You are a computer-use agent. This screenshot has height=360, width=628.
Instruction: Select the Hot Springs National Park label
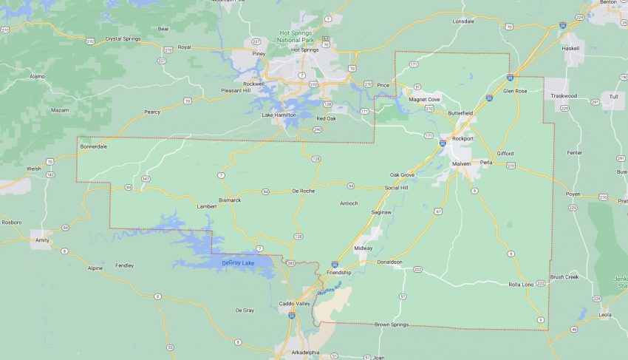point(299,37)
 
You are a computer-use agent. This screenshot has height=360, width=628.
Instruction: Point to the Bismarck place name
point(230,200)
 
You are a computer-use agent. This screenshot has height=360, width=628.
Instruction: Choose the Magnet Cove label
point(425,98)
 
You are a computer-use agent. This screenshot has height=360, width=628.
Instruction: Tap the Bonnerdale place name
point(94,146)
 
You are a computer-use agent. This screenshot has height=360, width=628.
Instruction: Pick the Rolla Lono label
point(521,284)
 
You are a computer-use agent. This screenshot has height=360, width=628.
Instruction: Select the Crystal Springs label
point(122,38)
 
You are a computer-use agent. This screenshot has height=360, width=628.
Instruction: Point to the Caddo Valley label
point(294,304)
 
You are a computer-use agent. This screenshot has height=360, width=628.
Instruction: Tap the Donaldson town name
point(389,262)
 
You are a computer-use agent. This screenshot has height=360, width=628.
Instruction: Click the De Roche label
point(304,191)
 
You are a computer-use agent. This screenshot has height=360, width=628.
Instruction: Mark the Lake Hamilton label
point(279,115)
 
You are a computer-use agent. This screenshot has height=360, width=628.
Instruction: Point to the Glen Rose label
point(514,90)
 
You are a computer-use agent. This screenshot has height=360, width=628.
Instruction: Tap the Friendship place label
point(339,273)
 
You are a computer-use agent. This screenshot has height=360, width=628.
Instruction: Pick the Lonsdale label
point(464,21)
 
